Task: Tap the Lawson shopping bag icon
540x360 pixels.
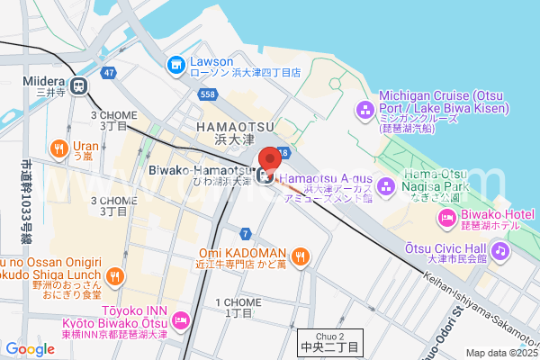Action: click(175, 64)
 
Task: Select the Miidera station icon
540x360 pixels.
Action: click(79, 86)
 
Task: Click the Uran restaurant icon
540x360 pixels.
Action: click(58, 148)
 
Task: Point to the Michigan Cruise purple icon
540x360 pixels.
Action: click(365, 110)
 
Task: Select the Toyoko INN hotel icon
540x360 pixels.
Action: click(181, 319)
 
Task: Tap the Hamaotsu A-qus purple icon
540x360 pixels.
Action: click(387, 186)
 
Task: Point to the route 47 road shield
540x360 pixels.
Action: click(109, 71)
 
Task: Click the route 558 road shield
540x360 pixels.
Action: click(208, 93)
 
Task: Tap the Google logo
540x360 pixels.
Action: click(30, 349)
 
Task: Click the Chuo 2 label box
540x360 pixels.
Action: click(329, 341)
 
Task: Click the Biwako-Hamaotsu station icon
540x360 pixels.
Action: click(266, 175)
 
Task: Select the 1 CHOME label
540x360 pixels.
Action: click(234, 308)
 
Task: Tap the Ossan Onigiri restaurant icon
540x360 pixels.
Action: click(114, 276)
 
